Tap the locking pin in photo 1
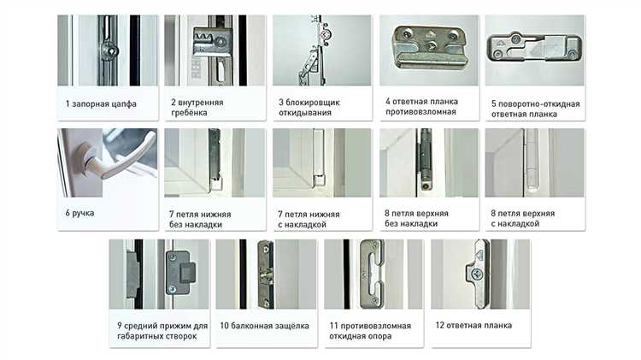(x=110, y=51)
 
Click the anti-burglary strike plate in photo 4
(x=429, y=47)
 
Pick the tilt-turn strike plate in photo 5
(x=534, y=47)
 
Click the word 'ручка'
(x=83, y=213)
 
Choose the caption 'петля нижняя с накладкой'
(x=309, y=219)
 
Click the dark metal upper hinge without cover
(x=426, y=160)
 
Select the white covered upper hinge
(x=531, y=161)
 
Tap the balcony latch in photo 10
(x=266, y=274)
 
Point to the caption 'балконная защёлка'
(x=270, y=326)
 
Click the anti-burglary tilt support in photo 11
(x=373, y=274)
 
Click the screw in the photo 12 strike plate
(x=477, y=274)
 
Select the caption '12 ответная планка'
(x=473, y=325)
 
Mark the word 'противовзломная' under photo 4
(x=420, y=112)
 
